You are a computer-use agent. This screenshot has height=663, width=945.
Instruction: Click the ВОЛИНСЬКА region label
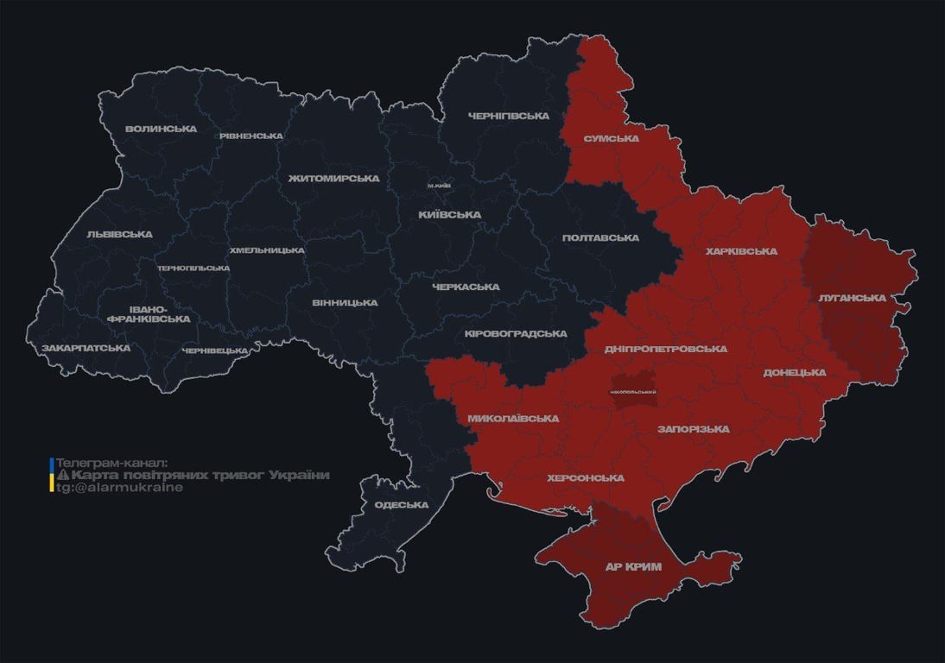tap(161, 129)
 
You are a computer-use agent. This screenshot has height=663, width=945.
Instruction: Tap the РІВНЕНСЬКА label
tap(251, 136)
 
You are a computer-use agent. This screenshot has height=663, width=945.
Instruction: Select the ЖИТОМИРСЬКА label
tap(333, 179)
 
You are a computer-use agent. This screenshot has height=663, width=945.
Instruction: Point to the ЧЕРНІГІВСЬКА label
tap(509, 116)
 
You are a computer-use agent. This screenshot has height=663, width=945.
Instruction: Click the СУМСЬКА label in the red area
tap(611, 138)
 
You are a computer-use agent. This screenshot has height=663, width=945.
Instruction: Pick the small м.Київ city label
tap(439, 186)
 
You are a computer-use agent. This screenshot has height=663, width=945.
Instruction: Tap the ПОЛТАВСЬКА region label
tap(600, 238)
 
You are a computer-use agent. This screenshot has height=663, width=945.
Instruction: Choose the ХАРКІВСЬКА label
tap(741, 252)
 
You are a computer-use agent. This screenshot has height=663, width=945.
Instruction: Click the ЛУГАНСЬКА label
tap(852, 298)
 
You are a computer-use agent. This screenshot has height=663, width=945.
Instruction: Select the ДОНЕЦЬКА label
tap(794, 373)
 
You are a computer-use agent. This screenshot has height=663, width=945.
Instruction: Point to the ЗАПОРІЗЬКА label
tap(693, 429)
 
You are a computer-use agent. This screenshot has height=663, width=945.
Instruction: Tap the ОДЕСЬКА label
tap(402, 505)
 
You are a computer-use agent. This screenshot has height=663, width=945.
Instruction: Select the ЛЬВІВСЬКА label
tap(119, 234)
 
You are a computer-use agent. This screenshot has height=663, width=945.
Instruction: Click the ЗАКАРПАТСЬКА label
tap(86, 348)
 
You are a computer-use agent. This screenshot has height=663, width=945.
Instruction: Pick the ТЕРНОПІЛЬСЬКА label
tap(193, 268)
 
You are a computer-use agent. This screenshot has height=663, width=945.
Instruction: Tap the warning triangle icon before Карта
tap(62, 476)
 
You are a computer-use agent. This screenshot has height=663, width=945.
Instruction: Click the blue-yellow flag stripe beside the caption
tap(52, 475)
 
